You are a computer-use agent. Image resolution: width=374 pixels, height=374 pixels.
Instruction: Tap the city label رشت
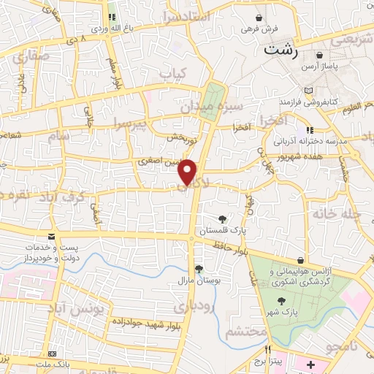282,50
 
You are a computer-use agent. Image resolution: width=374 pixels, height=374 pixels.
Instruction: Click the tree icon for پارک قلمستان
222,218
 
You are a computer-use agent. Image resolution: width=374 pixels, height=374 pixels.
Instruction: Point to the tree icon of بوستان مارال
198,269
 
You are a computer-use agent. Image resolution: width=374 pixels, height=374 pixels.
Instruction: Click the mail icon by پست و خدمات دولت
50,236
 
